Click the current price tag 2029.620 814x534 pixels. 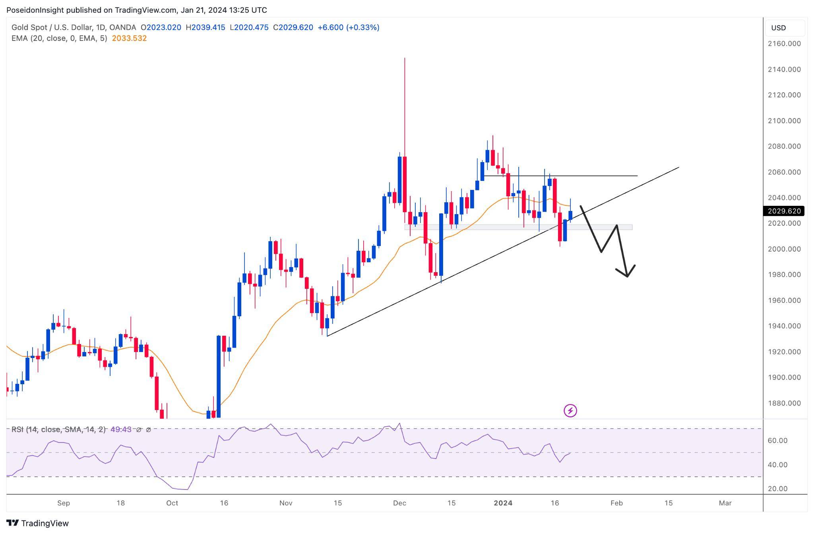[783, 211]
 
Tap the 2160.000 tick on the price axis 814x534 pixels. [784, 44]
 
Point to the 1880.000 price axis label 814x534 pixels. [784, 403]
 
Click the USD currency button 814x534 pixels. [779, 28]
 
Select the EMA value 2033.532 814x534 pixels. [129, 39]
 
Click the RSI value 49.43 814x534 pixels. [121, 430]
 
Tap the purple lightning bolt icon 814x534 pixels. [570, 410]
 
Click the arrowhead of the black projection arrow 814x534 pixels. [627, 276]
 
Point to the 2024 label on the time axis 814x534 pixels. [503, 503]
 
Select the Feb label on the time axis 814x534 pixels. [616, 503]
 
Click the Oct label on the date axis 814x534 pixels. [172, 503]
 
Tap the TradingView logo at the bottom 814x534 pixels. [37, 523]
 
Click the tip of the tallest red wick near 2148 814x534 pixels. [405, 58]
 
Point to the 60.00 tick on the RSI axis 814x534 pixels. [777, 441]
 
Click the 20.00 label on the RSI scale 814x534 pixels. [777, 489]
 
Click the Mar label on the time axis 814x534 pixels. [725, 503]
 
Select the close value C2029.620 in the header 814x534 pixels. [293, 27]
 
